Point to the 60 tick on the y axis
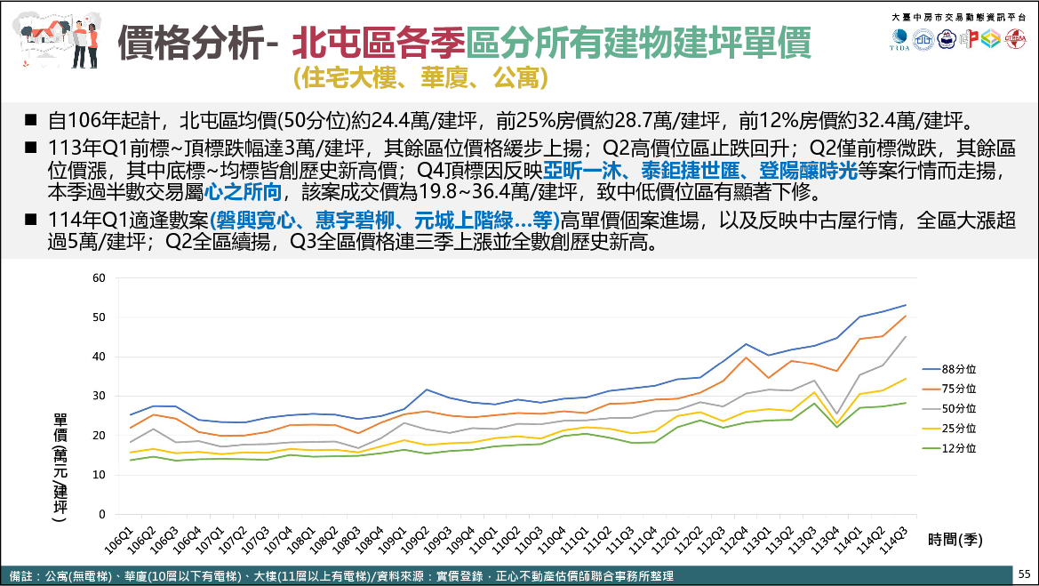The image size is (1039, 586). [99, 278]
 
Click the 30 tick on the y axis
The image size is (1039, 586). [99, 397]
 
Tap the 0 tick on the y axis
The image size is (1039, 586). [102, 514]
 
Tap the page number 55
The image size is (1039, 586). [1024, 574]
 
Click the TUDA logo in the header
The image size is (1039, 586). [899, 38]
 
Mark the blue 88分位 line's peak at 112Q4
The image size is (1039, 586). [747, 344]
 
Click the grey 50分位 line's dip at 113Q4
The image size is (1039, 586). [837, 414]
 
